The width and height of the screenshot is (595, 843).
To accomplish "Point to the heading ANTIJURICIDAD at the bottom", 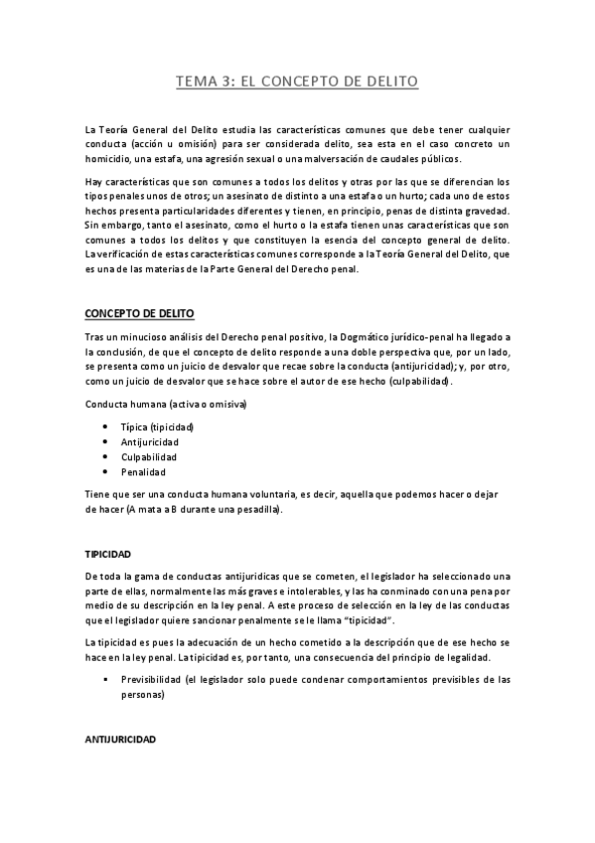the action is (121, 742).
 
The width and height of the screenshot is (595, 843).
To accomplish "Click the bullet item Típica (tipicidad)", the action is (157, 426).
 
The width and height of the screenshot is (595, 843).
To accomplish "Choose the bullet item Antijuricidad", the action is (152, 441).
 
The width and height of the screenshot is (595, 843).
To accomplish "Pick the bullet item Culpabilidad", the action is (151, 456).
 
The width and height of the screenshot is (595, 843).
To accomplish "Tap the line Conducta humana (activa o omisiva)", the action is (166, 405).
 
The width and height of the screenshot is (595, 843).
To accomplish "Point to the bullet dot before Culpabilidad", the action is (104, 456).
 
